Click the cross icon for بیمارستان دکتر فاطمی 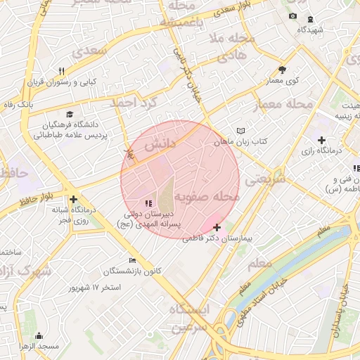click(217, 227)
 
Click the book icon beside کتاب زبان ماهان click(241, 131)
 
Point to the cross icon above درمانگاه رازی click(322, 140)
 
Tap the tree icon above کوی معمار click(282, 70)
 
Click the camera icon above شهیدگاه click(292, 16)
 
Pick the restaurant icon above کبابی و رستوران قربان click(61, 71)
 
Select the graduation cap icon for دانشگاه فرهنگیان click(69, 114)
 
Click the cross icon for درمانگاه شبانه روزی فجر click(73, 199)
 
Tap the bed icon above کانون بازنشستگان click(132, 260)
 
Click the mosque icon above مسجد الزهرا click(38, 335)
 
